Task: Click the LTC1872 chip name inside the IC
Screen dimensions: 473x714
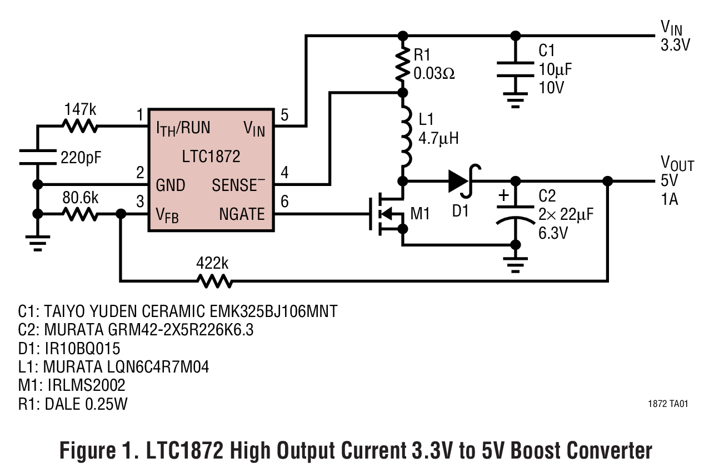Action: (211, 157)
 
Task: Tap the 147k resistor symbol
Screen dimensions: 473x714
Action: (81, 127)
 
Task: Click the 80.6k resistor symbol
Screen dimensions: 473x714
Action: (81, 214)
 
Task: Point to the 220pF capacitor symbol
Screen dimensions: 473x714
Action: (38, 157)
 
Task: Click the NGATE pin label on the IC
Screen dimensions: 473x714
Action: (242, 214)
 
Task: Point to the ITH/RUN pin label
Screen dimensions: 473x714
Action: (183, 128)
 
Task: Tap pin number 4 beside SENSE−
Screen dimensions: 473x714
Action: (284, 173)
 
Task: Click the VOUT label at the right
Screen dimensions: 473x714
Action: (676, 164)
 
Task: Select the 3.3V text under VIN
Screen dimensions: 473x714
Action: (675, 44)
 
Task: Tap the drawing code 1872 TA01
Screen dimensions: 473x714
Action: (667, 404)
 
